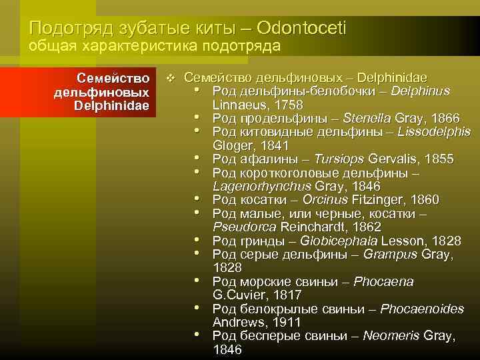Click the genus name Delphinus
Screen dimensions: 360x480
[421, 91]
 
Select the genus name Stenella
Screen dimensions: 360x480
[364, 118]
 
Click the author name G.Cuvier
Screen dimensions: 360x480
[237, 295]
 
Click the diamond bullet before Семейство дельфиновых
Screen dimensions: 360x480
[171, 79]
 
